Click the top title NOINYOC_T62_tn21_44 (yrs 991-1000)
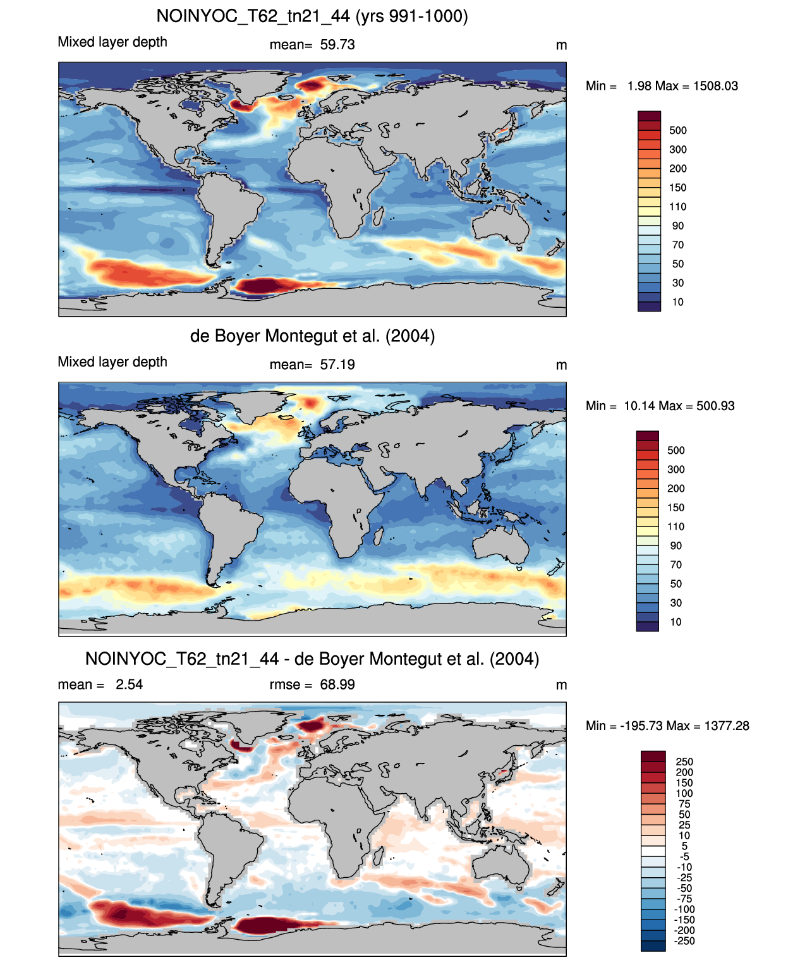point(312,16)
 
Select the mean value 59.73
point(337,45)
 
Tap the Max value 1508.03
point(715,86)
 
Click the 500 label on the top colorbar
point(678,131)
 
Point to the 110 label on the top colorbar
point(678,207)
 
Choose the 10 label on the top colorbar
point(678,302)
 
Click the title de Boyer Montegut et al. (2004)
point(312,336)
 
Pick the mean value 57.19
point(337,365)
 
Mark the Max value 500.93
point(715,406)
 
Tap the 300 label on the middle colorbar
point(676,469)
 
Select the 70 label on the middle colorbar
point(676,564)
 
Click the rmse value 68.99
point(337,684)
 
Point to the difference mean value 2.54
point(129,684)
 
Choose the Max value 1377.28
point(727,726)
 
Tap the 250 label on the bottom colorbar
point(684,762)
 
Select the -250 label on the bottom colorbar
point(684,941)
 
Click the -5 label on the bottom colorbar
point(684,856)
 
